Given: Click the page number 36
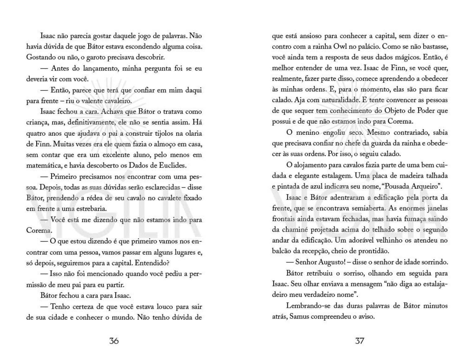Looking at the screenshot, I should (114, 341).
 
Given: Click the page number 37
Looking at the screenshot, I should (359, 341).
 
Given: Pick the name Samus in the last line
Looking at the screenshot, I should (299, 317).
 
